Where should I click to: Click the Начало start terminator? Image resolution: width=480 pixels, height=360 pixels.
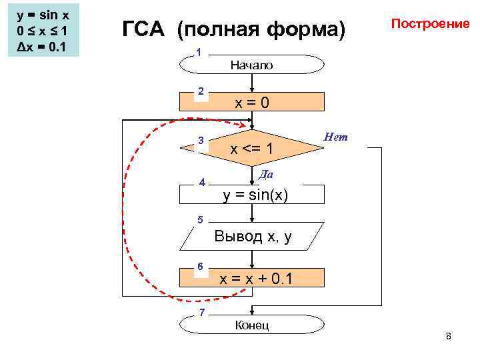(x=252, y=65)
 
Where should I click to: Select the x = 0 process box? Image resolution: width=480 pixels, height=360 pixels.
(x=252, y=102)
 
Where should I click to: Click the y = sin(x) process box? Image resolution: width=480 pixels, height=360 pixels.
(x=252, y=195)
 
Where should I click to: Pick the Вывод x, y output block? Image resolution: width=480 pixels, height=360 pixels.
(x=252, y=236)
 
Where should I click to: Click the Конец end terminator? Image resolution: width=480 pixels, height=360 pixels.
(x=252, y=325)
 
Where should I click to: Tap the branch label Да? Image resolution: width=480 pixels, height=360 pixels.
(x=266, y=174)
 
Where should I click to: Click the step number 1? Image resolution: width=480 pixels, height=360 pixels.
(x=198, y=53)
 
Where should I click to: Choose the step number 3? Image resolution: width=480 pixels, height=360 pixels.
(x=199, y=139)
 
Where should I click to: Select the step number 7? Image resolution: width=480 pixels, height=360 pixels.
(x=201, y=313)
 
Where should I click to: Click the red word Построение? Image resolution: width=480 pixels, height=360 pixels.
(x=430, y=23)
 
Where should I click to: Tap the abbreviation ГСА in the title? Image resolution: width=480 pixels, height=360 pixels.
(x=146, y=30)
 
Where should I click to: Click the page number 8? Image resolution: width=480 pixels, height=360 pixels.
(x=449, y=336)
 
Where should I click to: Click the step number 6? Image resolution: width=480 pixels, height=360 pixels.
(x=199, y=266)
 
